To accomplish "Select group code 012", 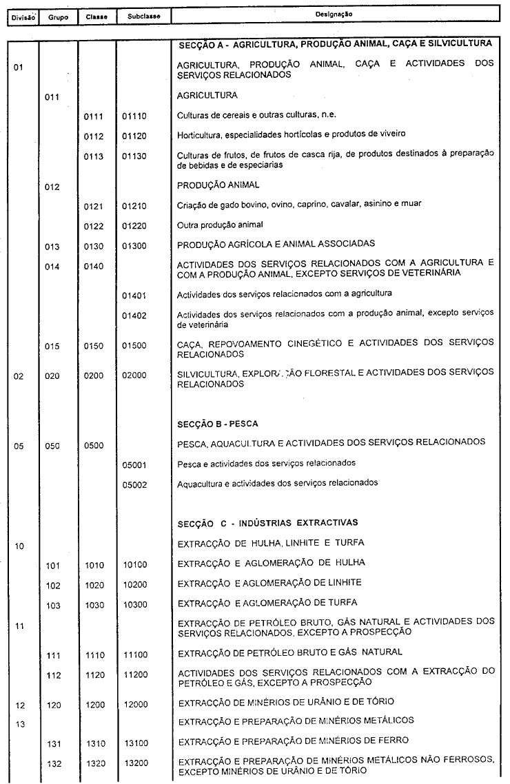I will [x=52, y=187].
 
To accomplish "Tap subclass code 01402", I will [x=134, y=316].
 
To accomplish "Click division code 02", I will [x=19, y=376].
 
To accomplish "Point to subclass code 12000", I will [x=134, y=703].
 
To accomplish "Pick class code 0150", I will [x=93, y=347].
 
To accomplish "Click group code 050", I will [x=52, y=446].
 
